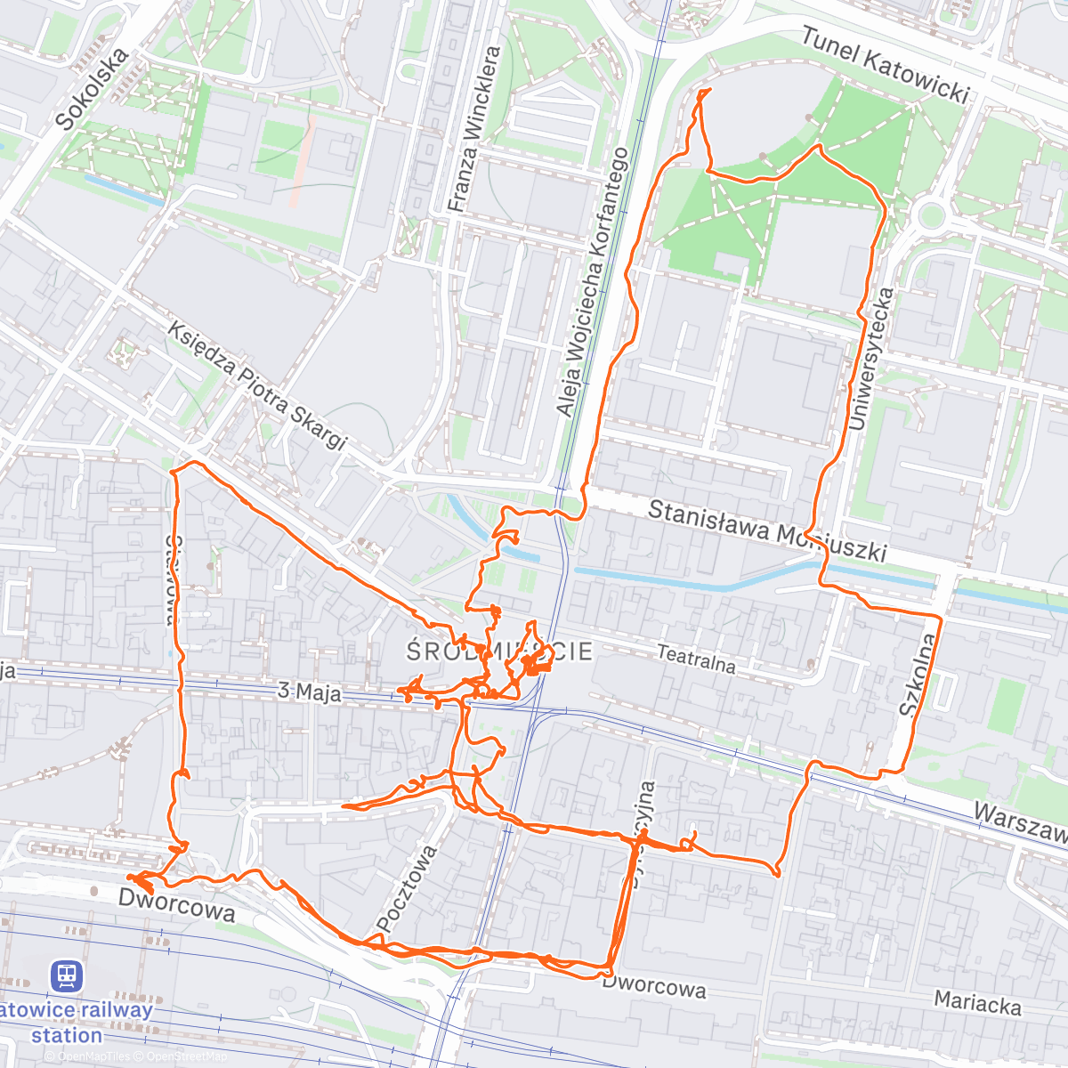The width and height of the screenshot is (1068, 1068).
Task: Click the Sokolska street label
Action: tap(91, 89)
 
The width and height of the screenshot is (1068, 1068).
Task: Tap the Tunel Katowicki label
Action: tap(885, 65)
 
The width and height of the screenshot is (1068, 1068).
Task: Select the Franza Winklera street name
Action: tap(473, 130)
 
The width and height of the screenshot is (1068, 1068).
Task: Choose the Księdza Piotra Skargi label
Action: tap(256, 385)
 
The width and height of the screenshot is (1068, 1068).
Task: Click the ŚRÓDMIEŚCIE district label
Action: tap(499, 651)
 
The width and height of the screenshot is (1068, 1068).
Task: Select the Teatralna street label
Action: tap(696, 659)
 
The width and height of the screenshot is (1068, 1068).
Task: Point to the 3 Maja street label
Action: tap(309, 692)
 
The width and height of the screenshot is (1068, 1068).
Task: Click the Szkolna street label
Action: tap(918, 676)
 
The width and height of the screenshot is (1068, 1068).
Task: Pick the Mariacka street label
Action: tap(977, 1003)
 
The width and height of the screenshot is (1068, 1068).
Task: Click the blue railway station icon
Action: tap(67, 975)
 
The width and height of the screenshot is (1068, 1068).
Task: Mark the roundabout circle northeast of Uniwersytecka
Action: tap(931, 214)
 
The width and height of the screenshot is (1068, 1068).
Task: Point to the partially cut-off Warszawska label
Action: tap(1020, 823)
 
